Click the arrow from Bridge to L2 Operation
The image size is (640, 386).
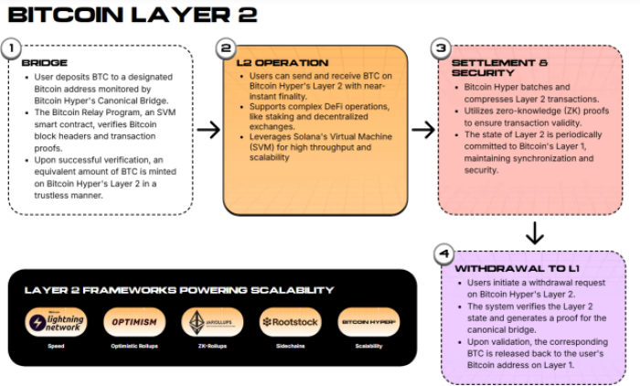(x=208, y=129)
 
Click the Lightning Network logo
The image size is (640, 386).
(x=57, y=322)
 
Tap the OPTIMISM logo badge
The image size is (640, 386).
(x=134, y=322)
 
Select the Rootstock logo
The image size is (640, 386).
(x=290, y=322)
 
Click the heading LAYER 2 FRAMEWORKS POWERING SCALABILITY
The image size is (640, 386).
(x=179, y=289)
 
